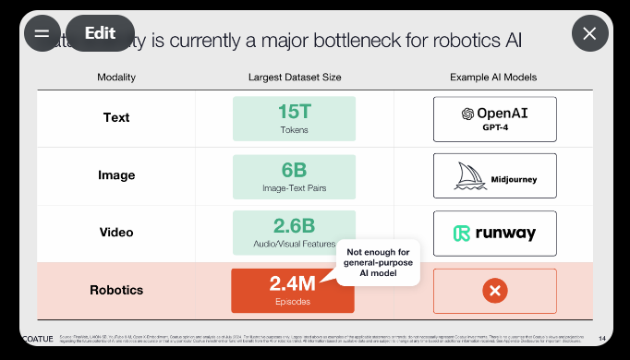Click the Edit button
(100, 33)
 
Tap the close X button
(589, 34)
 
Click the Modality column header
(116, 77)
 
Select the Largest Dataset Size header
(295, 77)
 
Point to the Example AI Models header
(493, 77)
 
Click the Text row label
(116, 117)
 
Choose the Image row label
(116, 175)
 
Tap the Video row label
(116, 232)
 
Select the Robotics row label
(116, 290)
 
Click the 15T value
(295, 112)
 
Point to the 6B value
(295, 170)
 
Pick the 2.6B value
(295, 226)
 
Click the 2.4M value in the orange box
(293, 284)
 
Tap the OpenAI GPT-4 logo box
(495, 118)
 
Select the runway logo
(495, 233)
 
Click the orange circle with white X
(495, 291)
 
